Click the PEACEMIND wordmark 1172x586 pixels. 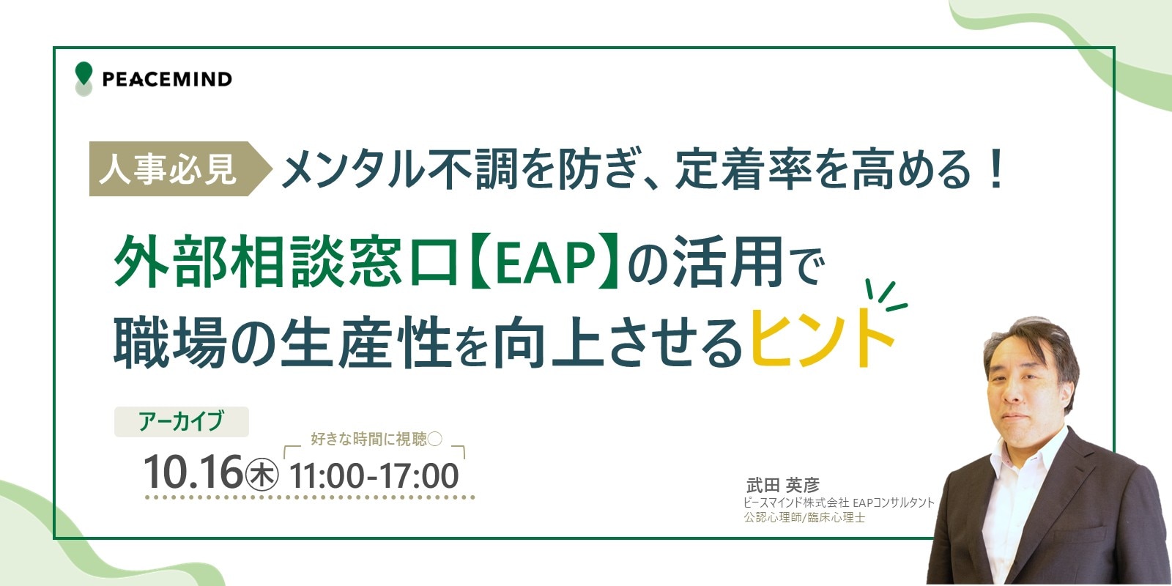tap(168, 80)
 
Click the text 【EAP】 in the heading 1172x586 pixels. tap(544, 261)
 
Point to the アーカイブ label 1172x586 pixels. tap(182, 421)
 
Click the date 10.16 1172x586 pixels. tap(193, 472)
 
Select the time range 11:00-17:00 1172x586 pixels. tap(374, 476)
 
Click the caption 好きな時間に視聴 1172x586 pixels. tap(369, 439)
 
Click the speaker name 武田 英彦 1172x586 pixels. tap(783, 485)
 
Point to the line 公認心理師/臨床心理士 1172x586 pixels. tap(804, 517)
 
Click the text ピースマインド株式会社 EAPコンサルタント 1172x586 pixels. tap(839, 502)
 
